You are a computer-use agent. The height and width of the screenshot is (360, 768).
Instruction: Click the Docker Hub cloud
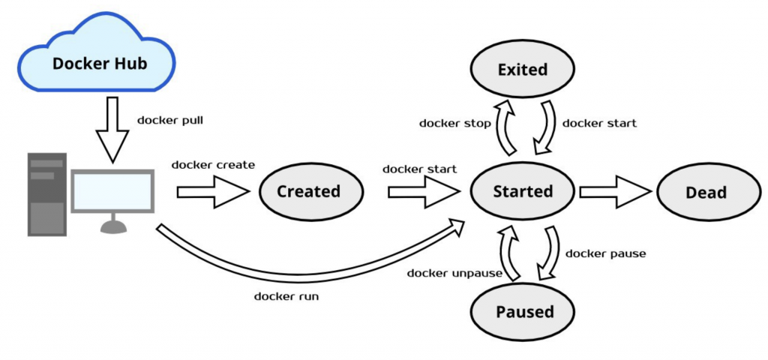pyautogui.click(x=100, y=61)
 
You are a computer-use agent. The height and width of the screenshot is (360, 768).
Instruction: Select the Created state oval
pyautogui.click(x=308, y=191)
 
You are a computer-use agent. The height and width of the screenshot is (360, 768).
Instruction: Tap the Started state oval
pyautogui.click(x=523, y=191)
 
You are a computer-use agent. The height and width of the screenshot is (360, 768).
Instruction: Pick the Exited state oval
pyautogui.click(x=523, y=70)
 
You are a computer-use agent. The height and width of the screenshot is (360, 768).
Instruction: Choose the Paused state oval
pyautogui.click(x=523, y=311)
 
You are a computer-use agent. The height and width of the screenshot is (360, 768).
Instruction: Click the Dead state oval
pyautogui.click(x=706, y=192)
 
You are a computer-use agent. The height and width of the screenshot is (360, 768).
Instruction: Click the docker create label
pyautogui.click(x=213, y=164)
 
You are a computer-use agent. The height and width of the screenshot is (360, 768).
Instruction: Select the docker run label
pyautogui.click(x=286, y=296)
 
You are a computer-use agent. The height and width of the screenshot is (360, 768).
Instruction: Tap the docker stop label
pyautogui.click(x=455, y=123)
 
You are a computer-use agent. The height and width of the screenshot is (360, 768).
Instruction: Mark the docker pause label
pyautogui.click(x=605, y=253)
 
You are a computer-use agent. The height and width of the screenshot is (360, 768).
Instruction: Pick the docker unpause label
pyautogui.click(x=454, y=273)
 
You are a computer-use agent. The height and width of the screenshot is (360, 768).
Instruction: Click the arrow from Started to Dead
pyautogui.click(x=615, y=192)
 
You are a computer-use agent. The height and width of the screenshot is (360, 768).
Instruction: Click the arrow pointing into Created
pyautogui.click(x=212, y=192)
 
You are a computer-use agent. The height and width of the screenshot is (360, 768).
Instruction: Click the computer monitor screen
pyautogui.click(x=112, y=190)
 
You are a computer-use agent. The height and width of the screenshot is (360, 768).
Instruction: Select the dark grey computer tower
pyautogui.click(x=46, y=193)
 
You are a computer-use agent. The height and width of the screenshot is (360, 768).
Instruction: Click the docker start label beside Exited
pyautogui.click(x=599, y=123)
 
